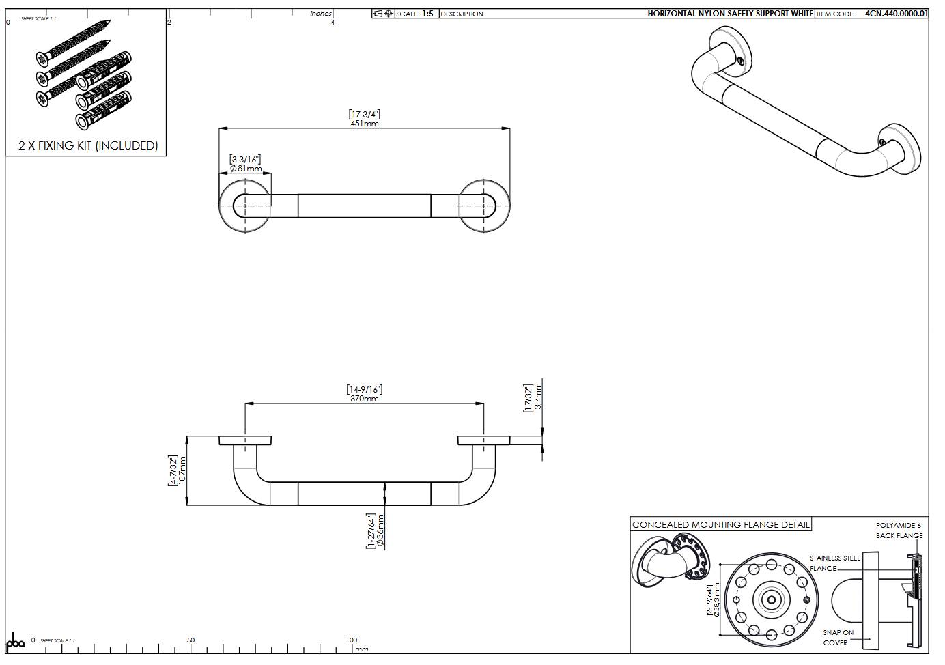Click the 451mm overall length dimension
click(364, 124)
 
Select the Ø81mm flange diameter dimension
click(246, 168)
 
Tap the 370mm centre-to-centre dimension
click(364, 398)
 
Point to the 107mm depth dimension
click(182, 470)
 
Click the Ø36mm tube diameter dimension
click(380, 531)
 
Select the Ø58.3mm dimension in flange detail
click(716, 599)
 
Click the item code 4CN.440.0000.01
click(896, 14)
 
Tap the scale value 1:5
click(427, 14)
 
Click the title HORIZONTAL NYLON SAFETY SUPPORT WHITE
click(730, 14)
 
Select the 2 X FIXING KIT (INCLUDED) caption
click(88, 145)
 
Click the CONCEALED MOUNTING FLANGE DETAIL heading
click(720, 524)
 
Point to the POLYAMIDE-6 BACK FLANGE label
click(899, 530)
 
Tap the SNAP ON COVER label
click(838, 637)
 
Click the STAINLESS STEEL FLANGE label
click(834, 563)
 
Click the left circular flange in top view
click(245, 206)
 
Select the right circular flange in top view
click(483, 206)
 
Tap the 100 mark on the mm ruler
click(351, 640)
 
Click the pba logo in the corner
click(15, 642)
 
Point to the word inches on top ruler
click(320, 14)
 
